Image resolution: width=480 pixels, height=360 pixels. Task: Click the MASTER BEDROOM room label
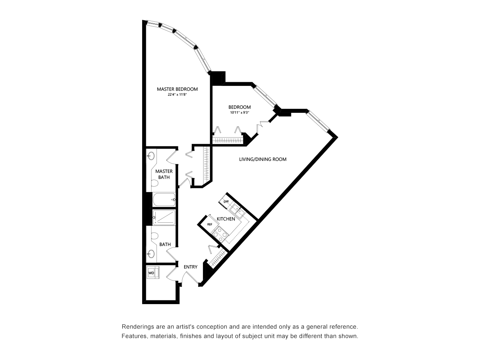pos(177,89)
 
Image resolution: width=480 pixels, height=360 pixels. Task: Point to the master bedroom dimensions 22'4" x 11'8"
pos(177,94)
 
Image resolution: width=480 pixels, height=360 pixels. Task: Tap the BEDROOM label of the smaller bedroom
pos(240,107)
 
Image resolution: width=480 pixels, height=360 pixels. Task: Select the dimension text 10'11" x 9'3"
pos(240,113)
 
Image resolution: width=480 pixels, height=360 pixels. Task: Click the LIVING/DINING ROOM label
pos(262,159)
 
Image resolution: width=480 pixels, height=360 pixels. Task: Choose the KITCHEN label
pos(226,219)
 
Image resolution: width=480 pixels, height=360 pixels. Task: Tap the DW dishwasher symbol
pos(226,201)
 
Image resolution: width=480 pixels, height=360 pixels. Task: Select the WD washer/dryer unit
pos(152,273)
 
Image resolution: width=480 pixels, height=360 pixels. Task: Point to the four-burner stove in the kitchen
pos(220,234)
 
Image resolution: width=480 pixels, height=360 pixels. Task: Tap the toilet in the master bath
pos(154,183)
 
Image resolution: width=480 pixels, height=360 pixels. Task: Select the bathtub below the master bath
pos(164,199)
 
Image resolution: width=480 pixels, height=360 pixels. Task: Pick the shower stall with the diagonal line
pos(164,218)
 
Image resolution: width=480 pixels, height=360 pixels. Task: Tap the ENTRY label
pos(190,267)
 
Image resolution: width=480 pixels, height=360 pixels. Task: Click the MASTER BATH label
pos(164,174)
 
